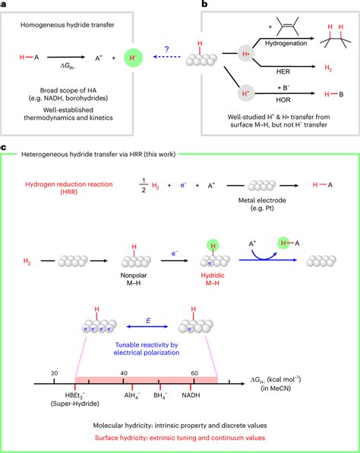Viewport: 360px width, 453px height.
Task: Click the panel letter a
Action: pyautogui.click(x=5, y=5)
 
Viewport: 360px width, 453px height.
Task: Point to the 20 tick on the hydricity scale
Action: pyautogui.click(x=54, y=374)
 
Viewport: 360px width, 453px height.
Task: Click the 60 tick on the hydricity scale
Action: pyautogui.click(x=194, y=374)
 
